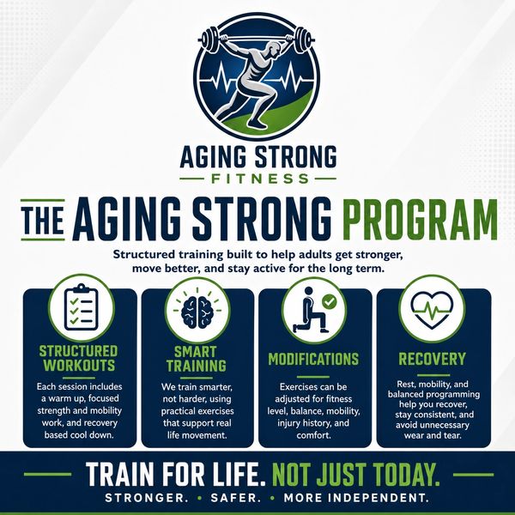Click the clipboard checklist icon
pyautogui.click(x=82, y=307)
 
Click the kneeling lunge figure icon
pyautogui.click(x=310, y=310)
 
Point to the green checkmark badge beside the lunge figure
pyautogui.click(x=329, y=301)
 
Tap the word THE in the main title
pyautogui.click(x=43, y=220)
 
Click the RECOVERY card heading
pyautogui.click(x=433, y=359)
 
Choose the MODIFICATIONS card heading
pyautogui.click(x=313, y=359)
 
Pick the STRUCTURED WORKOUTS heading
pyautogui.click(x=78, y=358)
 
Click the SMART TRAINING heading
pyautogui.click(x=196, y=359)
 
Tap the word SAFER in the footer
pyautogui.click(x=235, y=498)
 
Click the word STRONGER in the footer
pyautogui.click(x=146, y=498)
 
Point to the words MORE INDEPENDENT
pyautogui.click(x=356, y=498)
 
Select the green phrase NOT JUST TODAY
pyautogui.click(x=355, y=475)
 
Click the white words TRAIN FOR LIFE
pyautogui.click(x=175, y=475)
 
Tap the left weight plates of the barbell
pyautogui.click(x=209, y=39)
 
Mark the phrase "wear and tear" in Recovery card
pyautogui.click(x=433, y=435)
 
